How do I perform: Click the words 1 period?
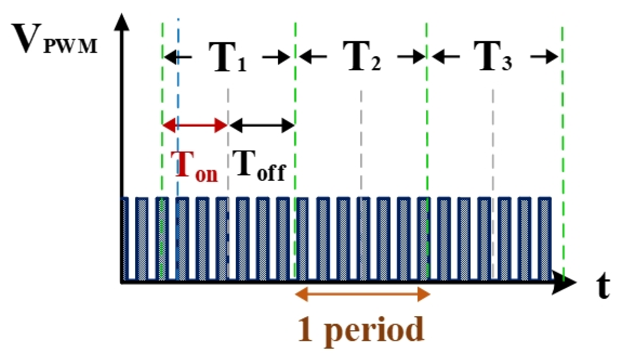(361, 330)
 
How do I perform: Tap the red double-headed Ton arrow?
(195, 126)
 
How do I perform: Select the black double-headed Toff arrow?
(262, 126)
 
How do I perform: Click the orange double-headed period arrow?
(363, 295)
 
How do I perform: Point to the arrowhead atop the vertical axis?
(123, 22)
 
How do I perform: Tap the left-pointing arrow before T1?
(178, 57)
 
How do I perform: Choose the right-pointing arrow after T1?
(276, 57)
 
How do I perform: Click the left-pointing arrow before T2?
(313, 57)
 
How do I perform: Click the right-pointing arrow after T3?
(544, 57)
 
